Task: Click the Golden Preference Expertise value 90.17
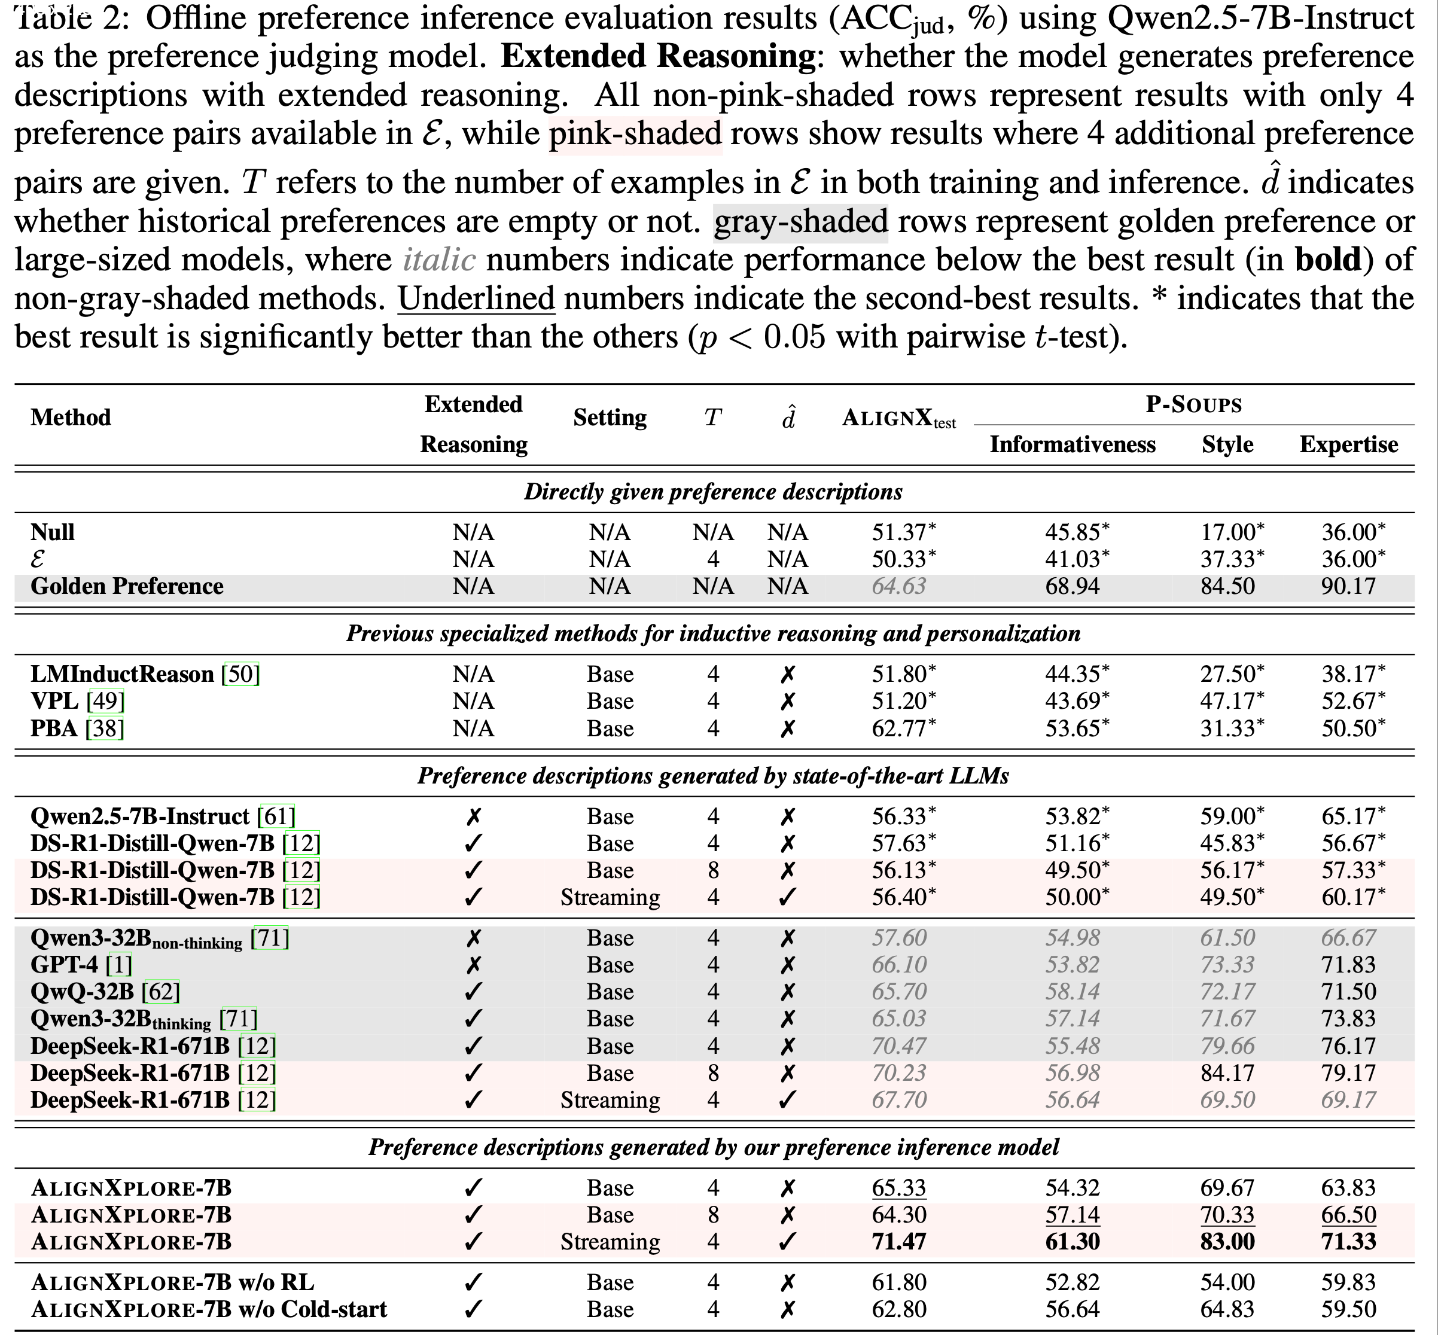[x=1348, y=586]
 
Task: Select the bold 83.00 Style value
[x=1227, y=1241]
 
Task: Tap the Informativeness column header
[x=1073, y=444]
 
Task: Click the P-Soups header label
[x=1194, y=404]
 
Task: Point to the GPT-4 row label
[x=63, y=964]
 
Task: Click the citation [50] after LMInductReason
[x=240, y=674]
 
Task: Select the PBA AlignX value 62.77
[x=899, y=728]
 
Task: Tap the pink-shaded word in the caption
[x=635, y=135]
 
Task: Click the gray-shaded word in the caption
[x=801, y=222]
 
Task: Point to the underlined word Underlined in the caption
[x=476, y=299]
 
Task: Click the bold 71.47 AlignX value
[x=899, y=1241]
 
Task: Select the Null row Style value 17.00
[x=1227, y=532]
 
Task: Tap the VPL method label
[x=54, y=701]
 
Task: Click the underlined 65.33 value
[x=899, y=1188]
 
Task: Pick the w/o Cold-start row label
[x=209, y=1309]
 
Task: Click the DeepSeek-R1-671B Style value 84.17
[x=1227, y=1073]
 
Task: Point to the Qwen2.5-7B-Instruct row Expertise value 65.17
[x=1348, y=816]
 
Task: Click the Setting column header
[x=610, y=417]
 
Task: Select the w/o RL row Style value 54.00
[x=1227, y=1282]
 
